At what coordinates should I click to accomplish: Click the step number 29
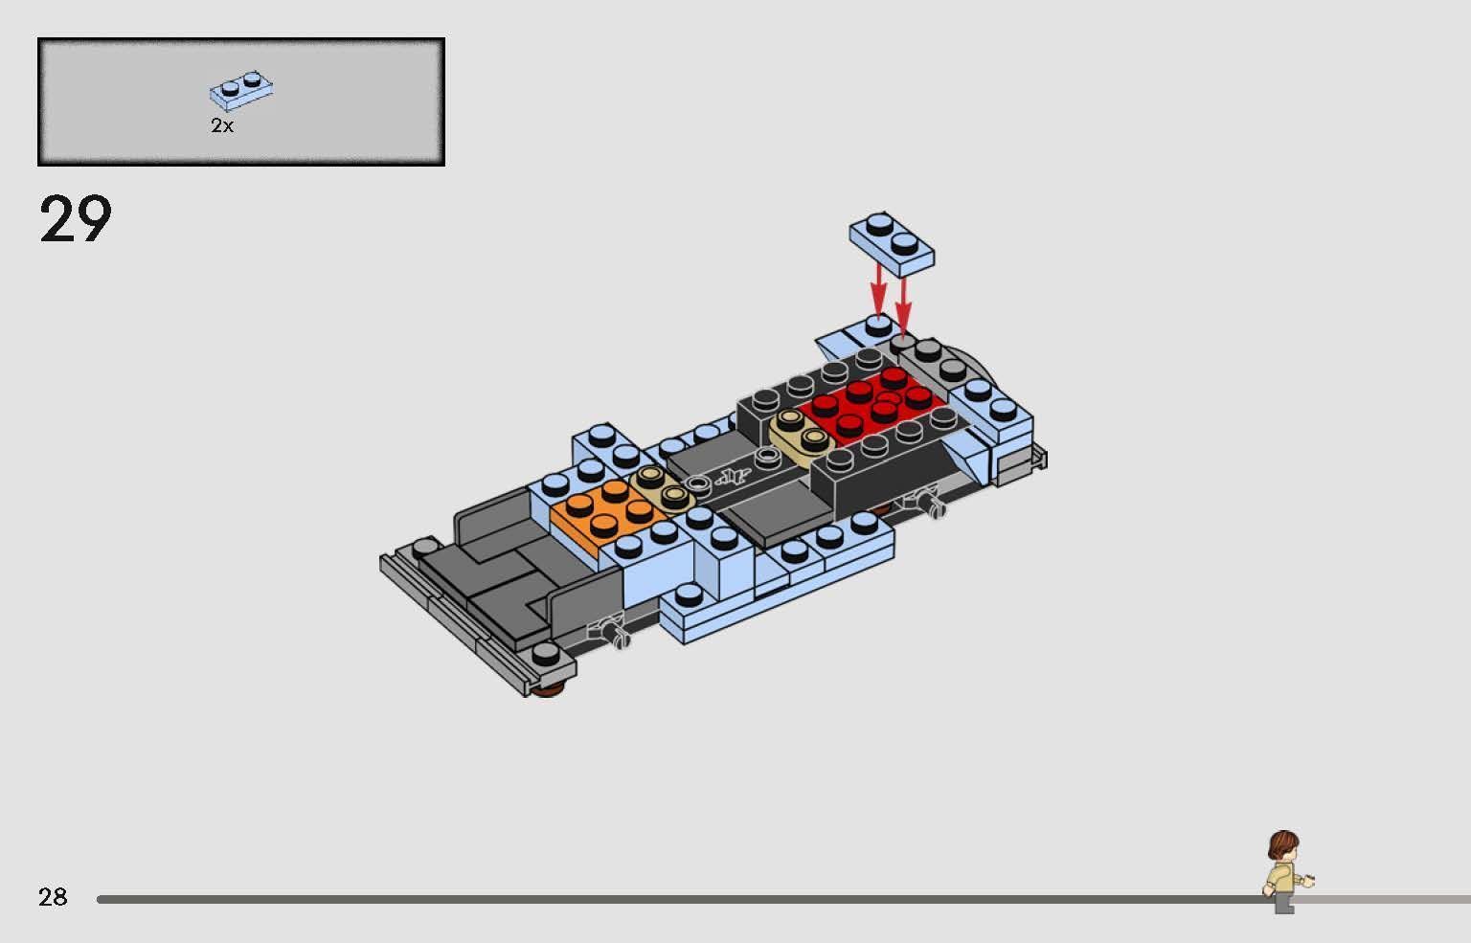click(x=76, y=219)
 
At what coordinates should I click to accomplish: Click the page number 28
click(x=53, y=897)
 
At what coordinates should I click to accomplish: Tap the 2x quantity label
click(x=222, y=125)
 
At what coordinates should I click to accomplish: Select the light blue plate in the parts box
click(x=241, y=88)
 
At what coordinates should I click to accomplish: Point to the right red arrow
click(x=903, y=302)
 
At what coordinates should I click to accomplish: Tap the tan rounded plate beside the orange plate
click(x=663, y=486)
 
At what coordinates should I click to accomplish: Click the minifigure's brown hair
click(x=1282, y=844)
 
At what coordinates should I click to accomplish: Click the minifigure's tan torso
click(x=1282, y=877)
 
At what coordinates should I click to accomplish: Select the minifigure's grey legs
click(x=1283, y=903)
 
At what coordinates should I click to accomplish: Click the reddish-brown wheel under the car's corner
click(x=546, y=689)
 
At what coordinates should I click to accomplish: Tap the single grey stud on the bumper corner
click(x=546, y=654)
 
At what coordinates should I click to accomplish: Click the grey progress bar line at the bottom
click(x=670, y=899)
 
